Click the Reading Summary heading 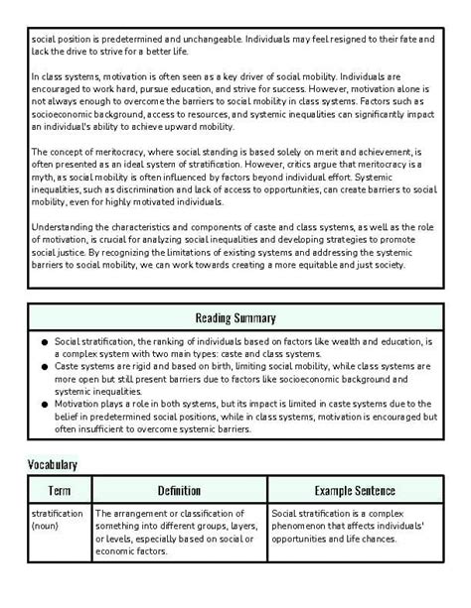pos(235,318)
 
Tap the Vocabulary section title pos(52,464)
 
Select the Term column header pos(59,491)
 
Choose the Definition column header pos(179,491)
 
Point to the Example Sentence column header pos(355,491)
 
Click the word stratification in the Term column pos(58,514)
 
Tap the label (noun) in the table pos(47,526)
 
